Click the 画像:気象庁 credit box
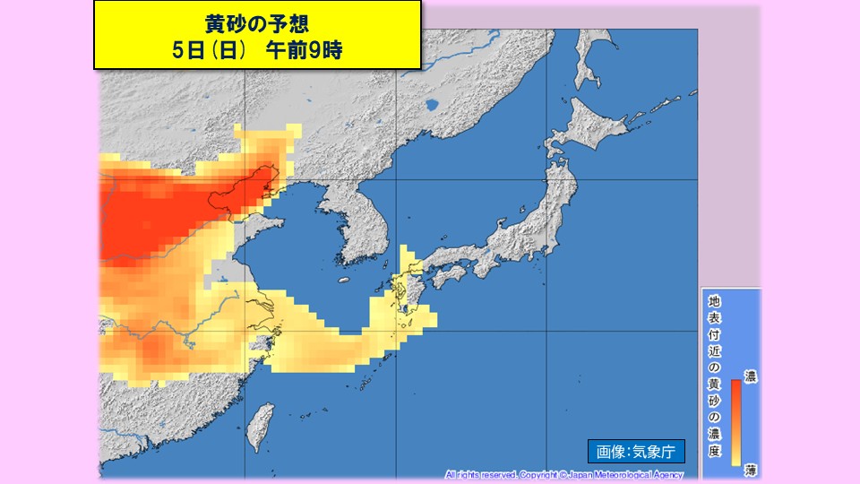click(635, 452)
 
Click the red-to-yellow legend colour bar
click(735, 421)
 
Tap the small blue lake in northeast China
click(434, 107)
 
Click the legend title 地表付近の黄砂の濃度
click(714, 376)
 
